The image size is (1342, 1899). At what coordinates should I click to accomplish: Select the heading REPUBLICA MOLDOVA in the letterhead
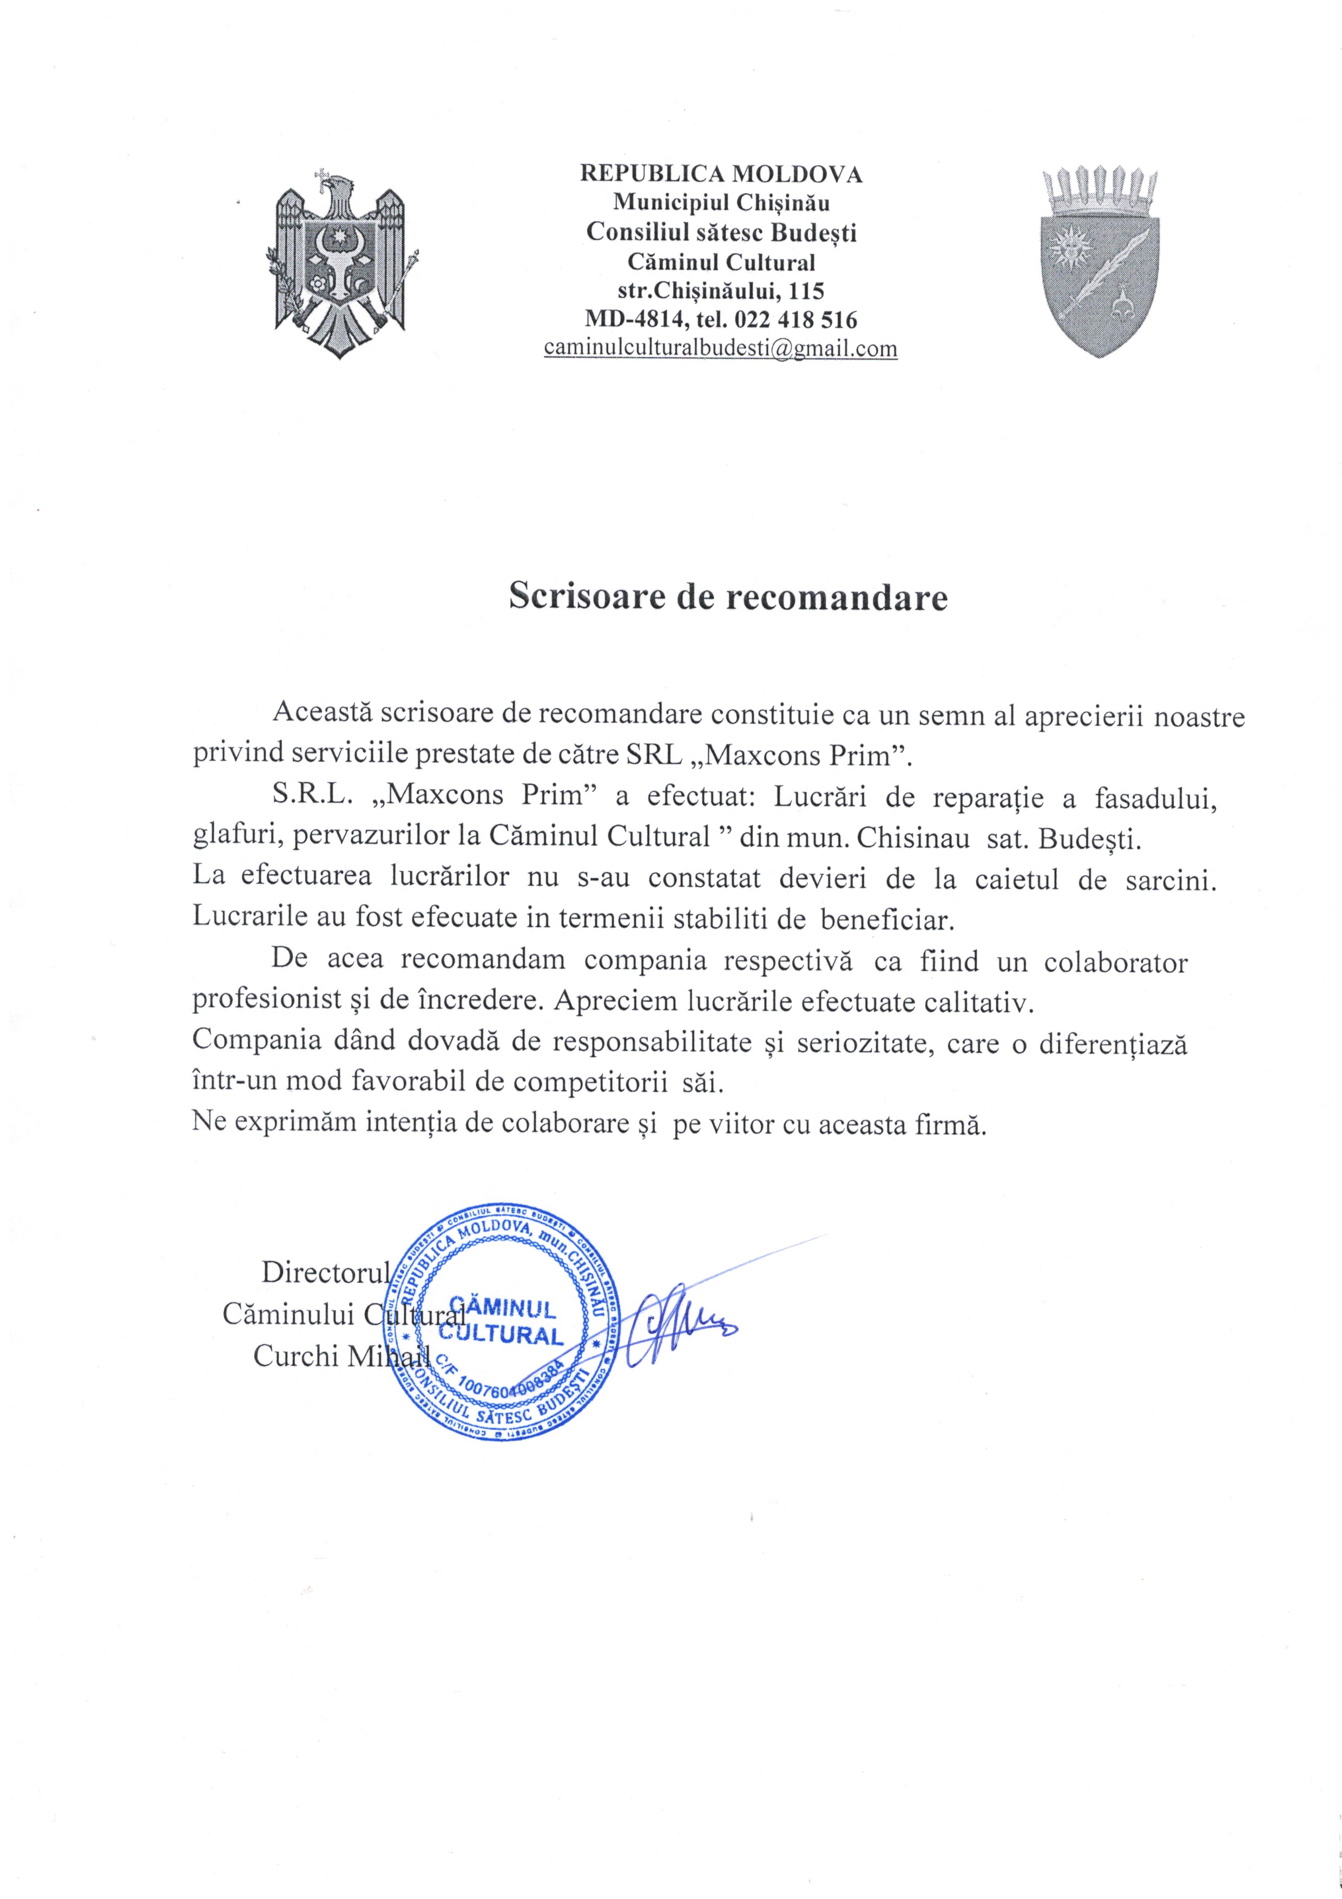721,174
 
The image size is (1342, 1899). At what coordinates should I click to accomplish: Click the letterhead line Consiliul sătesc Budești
721,232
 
